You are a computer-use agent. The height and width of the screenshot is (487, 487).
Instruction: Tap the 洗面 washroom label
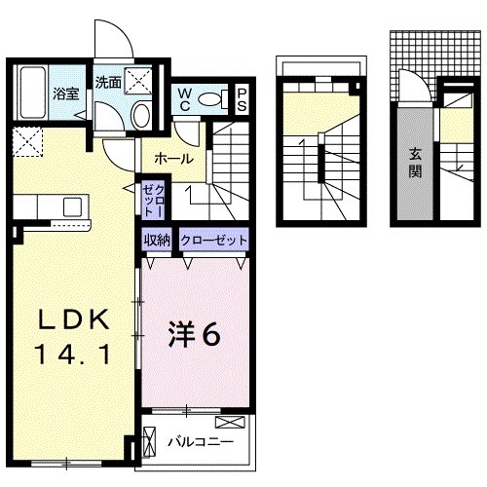click(x=108, y=83)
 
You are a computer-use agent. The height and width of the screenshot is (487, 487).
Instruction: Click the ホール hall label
click(x=173, y=159)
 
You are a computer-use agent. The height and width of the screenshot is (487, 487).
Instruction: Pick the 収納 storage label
click(x=158, y=239)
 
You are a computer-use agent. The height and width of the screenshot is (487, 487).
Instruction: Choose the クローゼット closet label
click(x=212, y=239)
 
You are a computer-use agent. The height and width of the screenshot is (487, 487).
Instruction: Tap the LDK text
click(x=70, y=322)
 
